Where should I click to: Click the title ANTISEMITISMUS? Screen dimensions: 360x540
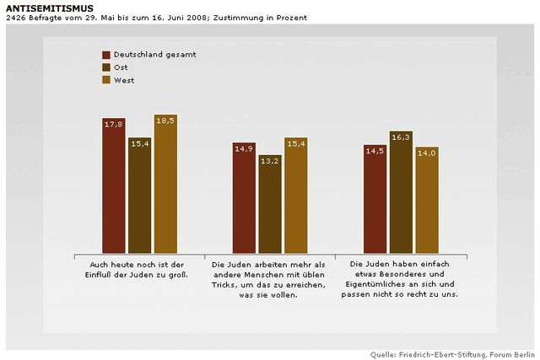[x=40, y=8]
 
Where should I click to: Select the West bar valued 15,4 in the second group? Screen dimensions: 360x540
[x=296, y=196]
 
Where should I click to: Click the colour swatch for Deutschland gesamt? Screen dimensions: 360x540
[x=107, y=54]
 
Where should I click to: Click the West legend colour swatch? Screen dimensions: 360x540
[x=107, y=80]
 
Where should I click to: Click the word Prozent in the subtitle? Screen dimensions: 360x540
[x=290, y=18]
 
